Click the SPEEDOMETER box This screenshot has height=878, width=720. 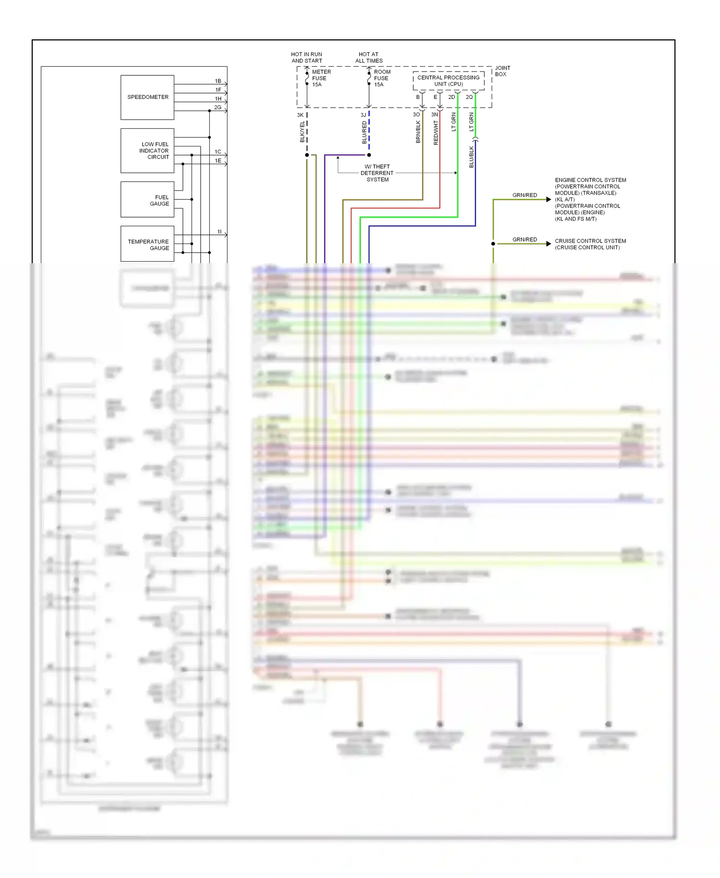(147, 97)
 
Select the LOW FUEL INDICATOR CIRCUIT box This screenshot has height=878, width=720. (147, 150)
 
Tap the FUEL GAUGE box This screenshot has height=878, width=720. (147, 200)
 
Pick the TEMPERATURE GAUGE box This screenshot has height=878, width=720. (147, 244)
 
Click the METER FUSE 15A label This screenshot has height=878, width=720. (321, 78)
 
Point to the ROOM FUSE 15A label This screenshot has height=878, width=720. (382, 78)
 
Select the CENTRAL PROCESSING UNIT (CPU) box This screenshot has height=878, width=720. (448, 81)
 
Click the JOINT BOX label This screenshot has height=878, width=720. (502, 71)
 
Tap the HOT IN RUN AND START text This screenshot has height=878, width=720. (307, 58)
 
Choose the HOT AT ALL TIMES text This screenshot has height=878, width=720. (369, 58)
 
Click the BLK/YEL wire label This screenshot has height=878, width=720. (302, 132)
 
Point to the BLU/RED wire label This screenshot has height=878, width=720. (364, 132)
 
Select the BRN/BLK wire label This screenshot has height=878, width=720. (418, 132)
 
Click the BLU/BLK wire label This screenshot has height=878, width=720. (471, 157)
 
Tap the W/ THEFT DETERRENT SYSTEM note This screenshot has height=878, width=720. (377, 173)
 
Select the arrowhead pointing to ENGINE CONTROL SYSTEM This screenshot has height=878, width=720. (548, 199)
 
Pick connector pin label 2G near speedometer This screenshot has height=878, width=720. (217, 108)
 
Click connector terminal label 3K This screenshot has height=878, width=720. (300, 115)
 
